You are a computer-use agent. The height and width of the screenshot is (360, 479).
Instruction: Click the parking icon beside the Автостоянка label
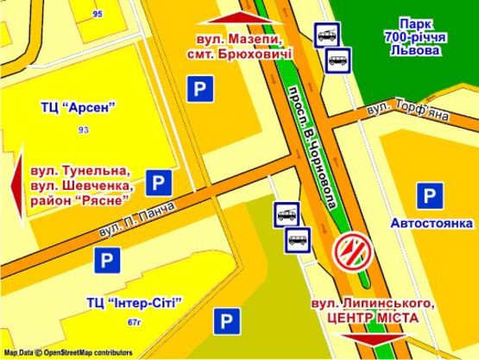click(x=428, y=196)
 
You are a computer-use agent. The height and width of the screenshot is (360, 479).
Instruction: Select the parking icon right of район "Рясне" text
click(x=157, y=182)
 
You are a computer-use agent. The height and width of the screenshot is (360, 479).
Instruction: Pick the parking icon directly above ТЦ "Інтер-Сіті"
click(x=106, y=260)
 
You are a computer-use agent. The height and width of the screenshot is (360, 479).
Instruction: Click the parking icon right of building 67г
click(x=226, y=322)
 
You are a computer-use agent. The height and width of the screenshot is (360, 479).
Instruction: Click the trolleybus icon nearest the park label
click(x=327, y=34)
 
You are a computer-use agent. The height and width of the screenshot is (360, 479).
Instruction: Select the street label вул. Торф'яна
click(x=396, y=110)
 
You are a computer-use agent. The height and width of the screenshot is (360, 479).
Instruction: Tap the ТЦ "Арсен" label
click(x=77, y=108)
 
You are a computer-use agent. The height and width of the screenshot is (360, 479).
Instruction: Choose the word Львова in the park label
click(x=416, y=50)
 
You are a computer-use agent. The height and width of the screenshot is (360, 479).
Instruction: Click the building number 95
click(x=97, y=14)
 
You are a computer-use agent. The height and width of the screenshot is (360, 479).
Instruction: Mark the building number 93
click(x=83, y=129)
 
